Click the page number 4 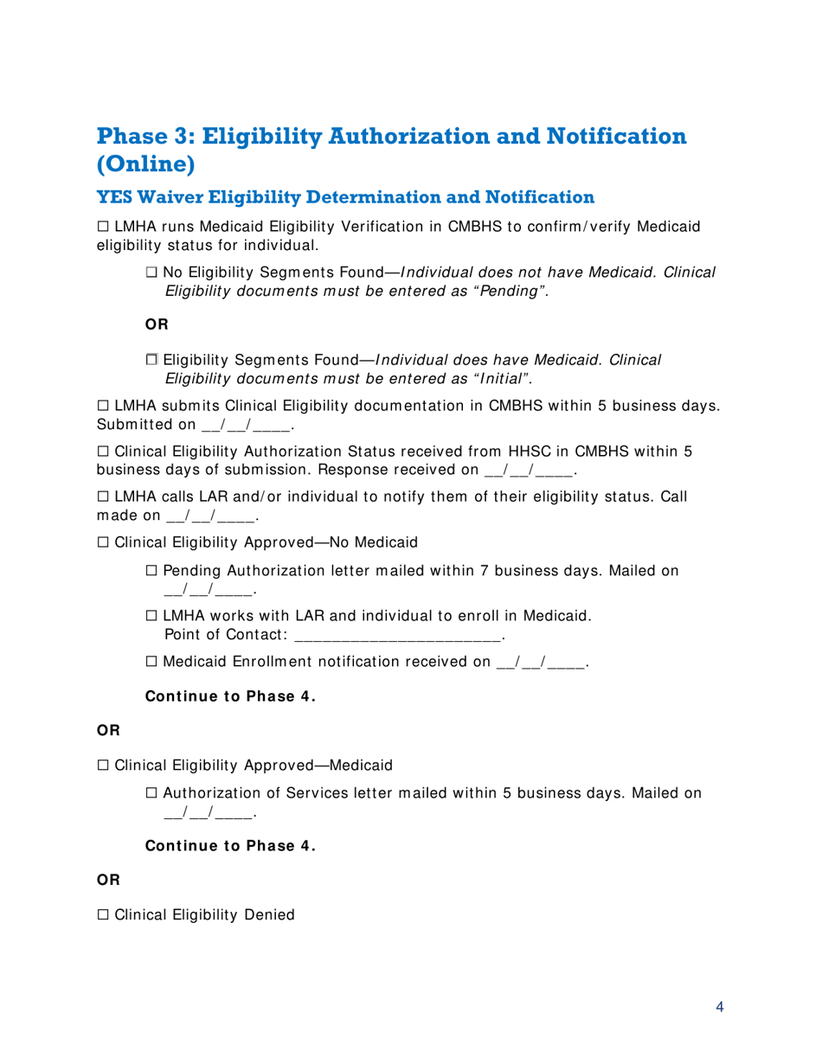point(720,1007)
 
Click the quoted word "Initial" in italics point(501,377)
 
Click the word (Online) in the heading point(145,164)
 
